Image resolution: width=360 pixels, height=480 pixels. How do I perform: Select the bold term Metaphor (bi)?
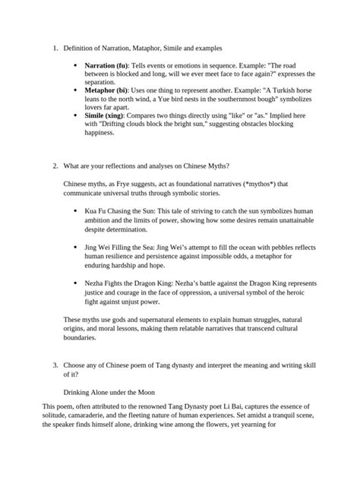click(106, 90)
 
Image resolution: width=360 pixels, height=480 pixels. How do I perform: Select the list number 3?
click(55, 365)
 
